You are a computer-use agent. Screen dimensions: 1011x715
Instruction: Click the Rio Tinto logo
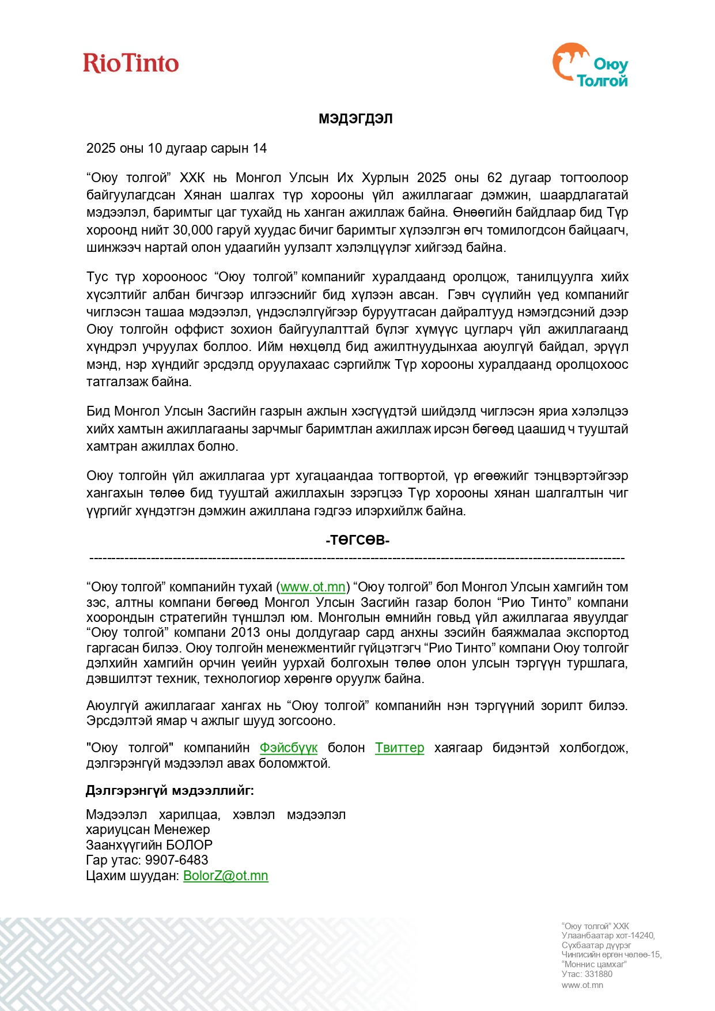tap(131, 63)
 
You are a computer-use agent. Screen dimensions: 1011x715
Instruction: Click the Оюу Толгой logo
tap(591, 66)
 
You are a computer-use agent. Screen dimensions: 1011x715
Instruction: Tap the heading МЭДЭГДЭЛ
tap(355, 119)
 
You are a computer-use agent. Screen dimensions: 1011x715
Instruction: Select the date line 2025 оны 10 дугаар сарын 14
tap(176, 148)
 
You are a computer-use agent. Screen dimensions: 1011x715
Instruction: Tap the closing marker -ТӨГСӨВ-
tap(357, 540)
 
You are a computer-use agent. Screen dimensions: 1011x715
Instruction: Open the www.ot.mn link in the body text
tap(313, 587)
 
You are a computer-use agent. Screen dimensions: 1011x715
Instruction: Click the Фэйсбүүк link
tap(288, 748)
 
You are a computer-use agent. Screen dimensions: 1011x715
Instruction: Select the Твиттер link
tap(399, 748)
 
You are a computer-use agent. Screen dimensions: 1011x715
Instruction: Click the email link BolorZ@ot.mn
tap(225, 876)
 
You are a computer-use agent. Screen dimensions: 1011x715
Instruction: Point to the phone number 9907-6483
tap(176, 860)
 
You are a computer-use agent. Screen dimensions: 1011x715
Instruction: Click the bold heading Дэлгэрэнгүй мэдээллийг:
tap(170, 790)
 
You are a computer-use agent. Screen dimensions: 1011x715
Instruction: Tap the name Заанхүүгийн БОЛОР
tap(149, 845)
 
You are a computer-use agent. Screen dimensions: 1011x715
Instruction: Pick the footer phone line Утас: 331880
tap(587, 974)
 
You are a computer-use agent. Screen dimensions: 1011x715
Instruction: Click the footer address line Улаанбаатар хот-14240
tap(608, 935)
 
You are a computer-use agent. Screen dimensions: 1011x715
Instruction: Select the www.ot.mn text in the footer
tap(582, 985)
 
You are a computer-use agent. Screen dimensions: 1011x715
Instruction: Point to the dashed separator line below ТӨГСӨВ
tap(357, 558)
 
